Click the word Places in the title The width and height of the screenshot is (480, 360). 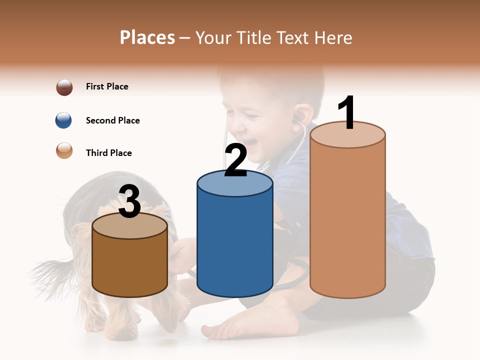(x=147, y=37)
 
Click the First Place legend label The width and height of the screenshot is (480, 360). (x=107, y=86)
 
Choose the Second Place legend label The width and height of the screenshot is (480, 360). (x=112, y=120)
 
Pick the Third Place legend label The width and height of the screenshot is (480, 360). (x=108, y=153)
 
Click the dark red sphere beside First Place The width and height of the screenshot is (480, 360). (x=64, y=87)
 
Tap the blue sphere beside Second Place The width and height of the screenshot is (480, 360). (x=64, y=120)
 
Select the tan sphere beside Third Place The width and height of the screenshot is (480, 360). (x=64, y=150)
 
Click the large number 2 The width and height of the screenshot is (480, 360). (x=235, y=160)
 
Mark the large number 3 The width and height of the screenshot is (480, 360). (x=130, y=201)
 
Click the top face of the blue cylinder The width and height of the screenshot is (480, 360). (x=235, y=184)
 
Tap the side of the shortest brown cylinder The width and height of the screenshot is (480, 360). (x=130, y=265)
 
